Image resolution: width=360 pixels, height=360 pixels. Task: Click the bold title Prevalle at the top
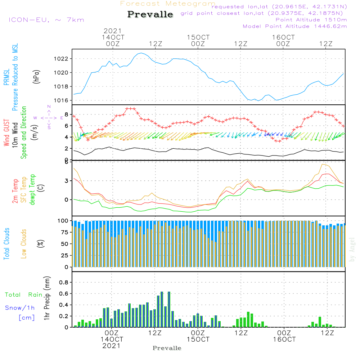click(150, 15)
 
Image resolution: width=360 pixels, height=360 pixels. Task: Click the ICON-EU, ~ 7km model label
click(46, 20)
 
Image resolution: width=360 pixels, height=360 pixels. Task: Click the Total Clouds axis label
click(6, 243)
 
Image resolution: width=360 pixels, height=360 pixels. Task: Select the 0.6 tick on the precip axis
click(63, 293)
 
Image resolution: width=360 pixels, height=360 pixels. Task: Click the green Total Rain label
click(24, 295)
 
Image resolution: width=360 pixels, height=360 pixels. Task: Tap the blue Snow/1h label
click(20, 308)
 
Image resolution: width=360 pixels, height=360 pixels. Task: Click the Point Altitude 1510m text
click(311, 19)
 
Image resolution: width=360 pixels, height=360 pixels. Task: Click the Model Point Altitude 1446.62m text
click(295, 26)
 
